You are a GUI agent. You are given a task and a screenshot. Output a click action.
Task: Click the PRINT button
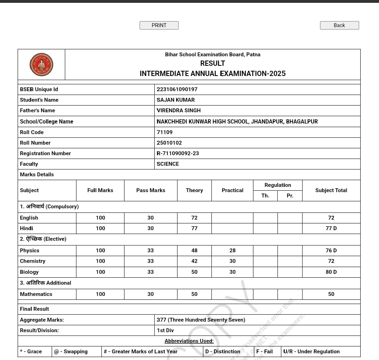point(159,25)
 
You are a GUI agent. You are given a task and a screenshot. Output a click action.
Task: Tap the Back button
point(339,25)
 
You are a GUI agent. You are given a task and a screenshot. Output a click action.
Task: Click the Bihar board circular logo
point(41,64)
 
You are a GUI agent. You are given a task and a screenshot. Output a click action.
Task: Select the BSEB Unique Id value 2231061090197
point(177,89)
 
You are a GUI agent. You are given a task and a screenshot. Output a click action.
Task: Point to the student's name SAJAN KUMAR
point(176,100)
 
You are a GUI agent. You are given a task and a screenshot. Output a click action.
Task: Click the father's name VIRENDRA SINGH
point(179,110)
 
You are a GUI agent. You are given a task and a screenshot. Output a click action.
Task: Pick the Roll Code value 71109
point(165,132)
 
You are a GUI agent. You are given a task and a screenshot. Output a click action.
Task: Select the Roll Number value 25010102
point(169,143)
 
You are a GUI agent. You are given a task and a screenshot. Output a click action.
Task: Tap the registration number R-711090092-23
point(178,153)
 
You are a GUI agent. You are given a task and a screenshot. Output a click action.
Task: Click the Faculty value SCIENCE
point(168,164)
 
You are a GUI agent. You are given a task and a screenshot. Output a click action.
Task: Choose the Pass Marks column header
point(150,190)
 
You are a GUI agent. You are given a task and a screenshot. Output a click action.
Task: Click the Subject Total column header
point(331,190)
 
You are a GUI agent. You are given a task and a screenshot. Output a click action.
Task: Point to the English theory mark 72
point(194,218)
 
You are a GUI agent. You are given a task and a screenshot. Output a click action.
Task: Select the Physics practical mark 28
point(232,251)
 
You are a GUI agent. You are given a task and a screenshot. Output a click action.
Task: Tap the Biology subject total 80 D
point(331,272)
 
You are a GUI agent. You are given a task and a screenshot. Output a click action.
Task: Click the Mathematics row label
point(36,294)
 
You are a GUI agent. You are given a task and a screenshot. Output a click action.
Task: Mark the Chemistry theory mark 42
point(194,261)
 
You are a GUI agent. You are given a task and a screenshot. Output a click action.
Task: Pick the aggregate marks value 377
point(201,320)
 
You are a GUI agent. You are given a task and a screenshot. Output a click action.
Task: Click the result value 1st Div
point(165,330)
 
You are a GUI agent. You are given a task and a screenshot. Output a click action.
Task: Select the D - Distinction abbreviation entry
point(223,352)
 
